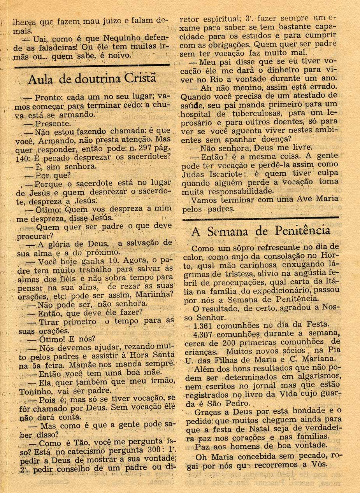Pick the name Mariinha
[x=149, y=295]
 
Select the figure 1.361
[x=204, y=325]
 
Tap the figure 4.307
[x=204, y=334]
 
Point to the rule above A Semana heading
[x=260, y=217]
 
